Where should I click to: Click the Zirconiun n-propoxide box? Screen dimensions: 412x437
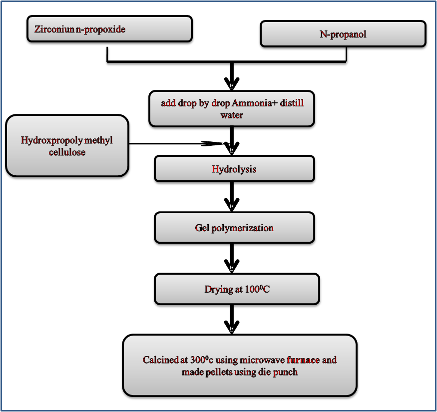click(x=109, y=29)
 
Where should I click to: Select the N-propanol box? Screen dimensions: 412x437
click(x=343, y=34)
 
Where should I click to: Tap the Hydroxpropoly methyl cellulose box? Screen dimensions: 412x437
click(x=67, y=146)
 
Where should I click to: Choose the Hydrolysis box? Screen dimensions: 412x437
click(x=234, y=169)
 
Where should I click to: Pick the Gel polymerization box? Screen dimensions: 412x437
click(x=234, y=228)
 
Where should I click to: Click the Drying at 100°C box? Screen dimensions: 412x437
click(x=237, y=289)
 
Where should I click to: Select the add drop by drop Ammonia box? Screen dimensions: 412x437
click(x=232, y=109)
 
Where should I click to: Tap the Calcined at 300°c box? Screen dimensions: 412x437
click(x=240, y=366)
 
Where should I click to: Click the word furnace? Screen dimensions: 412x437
click(x=303, y=360)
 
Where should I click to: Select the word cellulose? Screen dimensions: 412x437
click(x=67, y=152)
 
